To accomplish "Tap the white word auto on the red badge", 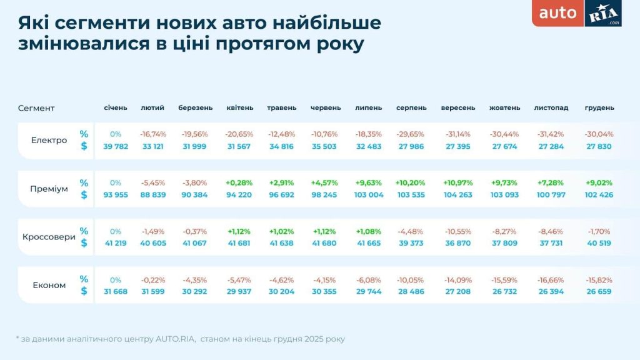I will (x=558, y=12).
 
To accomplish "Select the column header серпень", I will (x=411, y=107).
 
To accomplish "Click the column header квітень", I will (x=240, y=107).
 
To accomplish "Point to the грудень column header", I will (x=599, y=107).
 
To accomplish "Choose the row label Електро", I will (x=49, y=140).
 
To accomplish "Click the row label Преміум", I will (x=49, y=189).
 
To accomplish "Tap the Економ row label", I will (x=49, y=286).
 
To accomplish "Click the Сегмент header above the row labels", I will (x=36, y=108).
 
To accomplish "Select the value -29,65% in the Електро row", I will (x=411, y=134).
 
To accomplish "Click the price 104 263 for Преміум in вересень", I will (x=458, y=194).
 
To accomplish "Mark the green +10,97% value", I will (x=458, y=182).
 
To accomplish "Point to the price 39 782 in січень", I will (x=116, y=146).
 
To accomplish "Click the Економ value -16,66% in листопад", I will (x=551, y=280).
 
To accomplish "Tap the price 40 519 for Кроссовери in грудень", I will (x=599, y=243).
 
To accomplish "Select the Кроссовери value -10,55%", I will (x=458, y=231).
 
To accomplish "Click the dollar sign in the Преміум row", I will (x=84, y=194).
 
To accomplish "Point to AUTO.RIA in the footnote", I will (x=167, y=339).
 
